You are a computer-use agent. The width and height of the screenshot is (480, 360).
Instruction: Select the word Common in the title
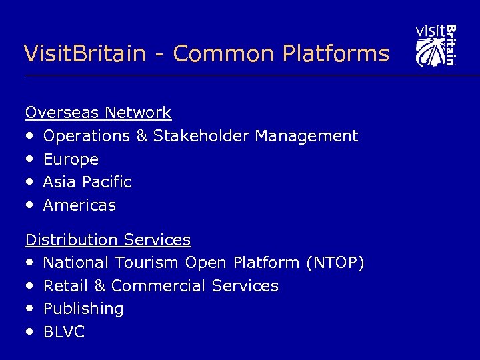[x=213, y=53]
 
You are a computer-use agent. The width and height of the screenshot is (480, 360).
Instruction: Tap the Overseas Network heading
[x=98, y=113]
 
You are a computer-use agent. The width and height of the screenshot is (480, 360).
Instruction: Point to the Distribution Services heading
[x=108, y=239]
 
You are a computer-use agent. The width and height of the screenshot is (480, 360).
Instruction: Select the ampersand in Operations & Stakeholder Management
[x=141, y=136]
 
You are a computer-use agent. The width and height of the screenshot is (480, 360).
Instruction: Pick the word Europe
[x=71, y=159]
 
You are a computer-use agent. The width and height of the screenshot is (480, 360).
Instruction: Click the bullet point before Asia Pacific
[x=31, y=182]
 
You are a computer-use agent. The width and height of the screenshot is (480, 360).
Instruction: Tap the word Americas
[x=79, y=205]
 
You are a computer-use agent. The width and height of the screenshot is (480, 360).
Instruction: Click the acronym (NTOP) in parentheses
[x=335, y=263]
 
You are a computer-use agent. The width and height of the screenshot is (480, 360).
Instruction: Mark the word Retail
[x=65, y=286]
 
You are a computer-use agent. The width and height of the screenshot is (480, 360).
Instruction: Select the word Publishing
[x=83, y=309]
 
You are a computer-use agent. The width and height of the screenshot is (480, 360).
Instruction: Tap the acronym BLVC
[x=64, y=332]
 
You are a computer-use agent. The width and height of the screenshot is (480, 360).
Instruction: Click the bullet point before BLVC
[x=31, y=332]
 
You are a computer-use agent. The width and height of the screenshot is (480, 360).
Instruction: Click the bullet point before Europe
[x=31, y=159]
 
